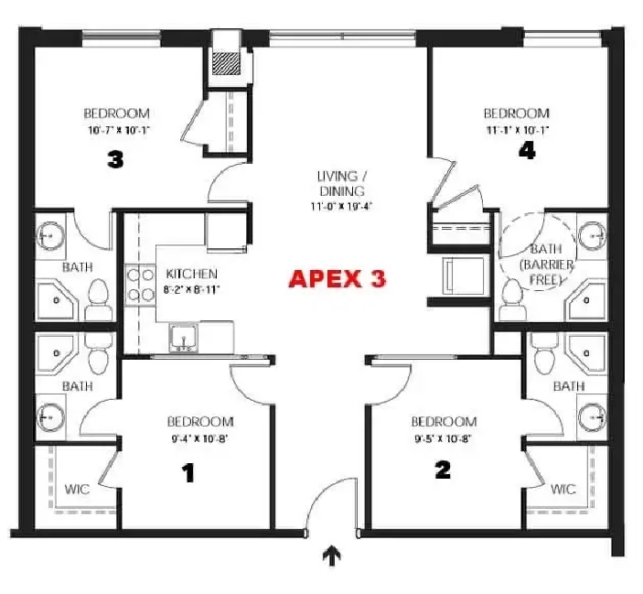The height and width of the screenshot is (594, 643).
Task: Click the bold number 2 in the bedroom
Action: pyautogui.click(x=443, y=470)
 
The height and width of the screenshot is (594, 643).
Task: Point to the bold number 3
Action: pyautogui.click(x=115, y=159)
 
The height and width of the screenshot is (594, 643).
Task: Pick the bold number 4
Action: pyautogui.click(x=527, y=152)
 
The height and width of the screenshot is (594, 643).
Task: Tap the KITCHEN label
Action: pyautogui.click(x=191, y=274)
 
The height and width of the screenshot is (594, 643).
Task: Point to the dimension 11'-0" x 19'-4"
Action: pyautogui.click(x=341, y=205)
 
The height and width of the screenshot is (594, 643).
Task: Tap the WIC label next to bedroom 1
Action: pyautogui.click(x=77, y=489)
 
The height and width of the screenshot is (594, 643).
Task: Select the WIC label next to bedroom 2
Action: pyautogui.click(x=563, y=489)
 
